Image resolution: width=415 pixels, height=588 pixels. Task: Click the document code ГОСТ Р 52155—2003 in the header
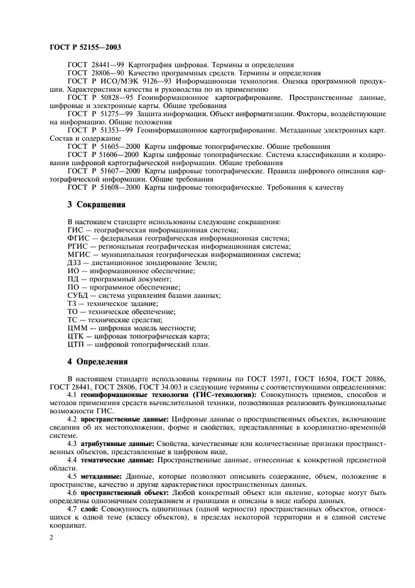pos(85,46)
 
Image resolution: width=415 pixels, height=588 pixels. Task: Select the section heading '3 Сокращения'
pos(96,205)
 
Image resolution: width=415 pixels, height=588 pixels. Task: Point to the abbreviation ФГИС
pos(77,238)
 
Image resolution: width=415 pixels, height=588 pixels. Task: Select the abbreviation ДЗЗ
pos(75,263)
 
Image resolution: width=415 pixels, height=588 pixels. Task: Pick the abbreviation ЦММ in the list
pos(77,328)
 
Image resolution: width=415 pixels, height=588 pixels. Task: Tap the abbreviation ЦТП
pos(77,344)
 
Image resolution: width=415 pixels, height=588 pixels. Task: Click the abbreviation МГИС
pos(78,254)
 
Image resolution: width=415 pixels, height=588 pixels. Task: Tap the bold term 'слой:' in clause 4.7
pos(90,509)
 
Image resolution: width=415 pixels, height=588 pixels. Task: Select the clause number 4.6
pos(72,493)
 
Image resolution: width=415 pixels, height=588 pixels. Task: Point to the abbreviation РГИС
pos(77,246)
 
